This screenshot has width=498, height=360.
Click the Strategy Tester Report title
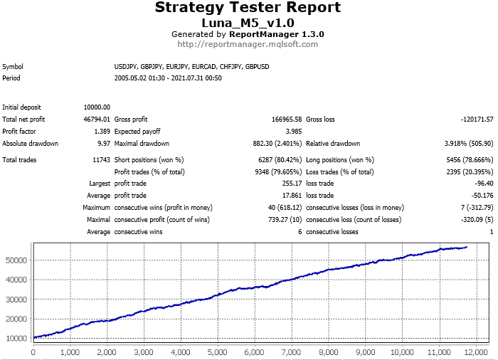248,9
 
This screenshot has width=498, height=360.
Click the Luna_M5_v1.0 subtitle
248,23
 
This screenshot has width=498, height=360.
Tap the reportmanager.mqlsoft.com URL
248,44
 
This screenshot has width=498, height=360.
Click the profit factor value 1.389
102,132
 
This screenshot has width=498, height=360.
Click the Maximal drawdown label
139,144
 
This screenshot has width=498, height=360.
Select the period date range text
168,78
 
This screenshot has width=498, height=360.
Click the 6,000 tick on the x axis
255,351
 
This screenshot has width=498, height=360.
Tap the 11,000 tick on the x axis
439,351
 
